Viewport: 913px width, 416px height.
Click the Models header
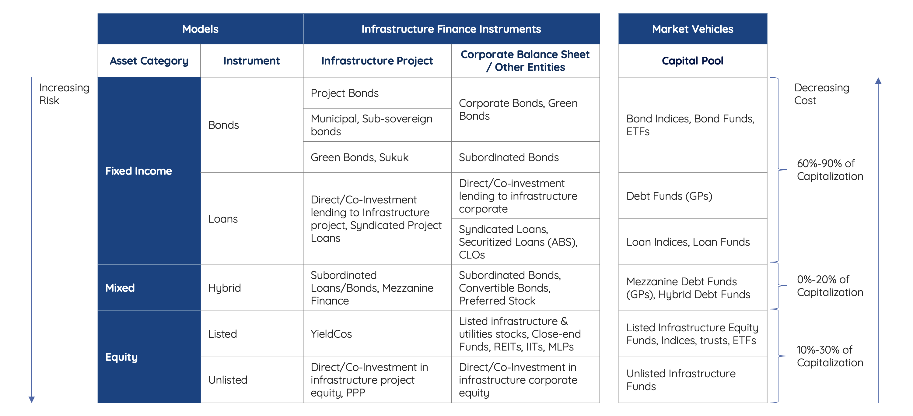pyautogui.click(x=200, y=29)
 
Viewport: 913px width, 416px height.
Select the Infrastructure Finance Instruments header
pyautogui.click(x=451, y=29)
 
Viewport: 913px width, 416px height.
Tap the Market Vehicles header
pyautogui.click(x=693, y=29)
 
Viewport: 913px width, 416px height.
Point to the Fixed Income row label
pyautogui.click(x=138, y=171)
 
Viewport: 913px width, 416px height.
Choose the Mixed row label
pyautogui.click(x=120, y=287)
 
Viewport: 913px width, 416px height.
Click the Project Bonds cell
pyautogui.click(x=345, y=93)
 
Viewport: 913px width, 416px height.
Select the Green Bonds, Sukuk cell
pyautogui.click(x=359, y=157)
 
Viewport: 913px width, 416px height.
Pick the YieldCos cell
pyautogui.click(x=331, y=334)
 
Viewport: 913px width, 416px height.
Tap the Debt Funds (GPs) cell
pyautogui.click(x=669, y=196)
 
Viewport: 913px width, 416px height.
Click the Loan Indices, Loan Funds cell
pyautogui.click(x=688, y=242)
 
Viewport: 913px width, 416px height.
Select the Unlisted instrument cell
pyautogui.click(x=228, y=380)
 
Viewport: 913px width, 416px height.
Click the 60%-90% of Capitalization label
pyautogui.click(x=830, y=170)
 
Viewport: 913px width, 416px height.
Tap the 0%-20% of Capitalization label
pyautogui.click(x=830, y=285)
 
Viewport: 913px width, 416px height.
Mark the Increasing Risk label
pyautogui.click(x=64, y=94)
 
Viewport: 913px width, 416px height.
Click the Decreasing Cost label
pyautogui.click(x=822, y=94)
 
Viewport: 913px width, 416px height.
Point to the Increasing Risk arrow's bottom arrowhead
pyautogui.click(x=32, y=400)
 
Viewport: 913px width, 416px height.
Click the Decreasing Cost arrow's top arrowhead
pyautogui.click(x=878, y=80)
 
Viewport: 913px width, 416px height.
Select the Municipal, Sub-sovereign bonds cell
pyautogui.click(x=371, y=125)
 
